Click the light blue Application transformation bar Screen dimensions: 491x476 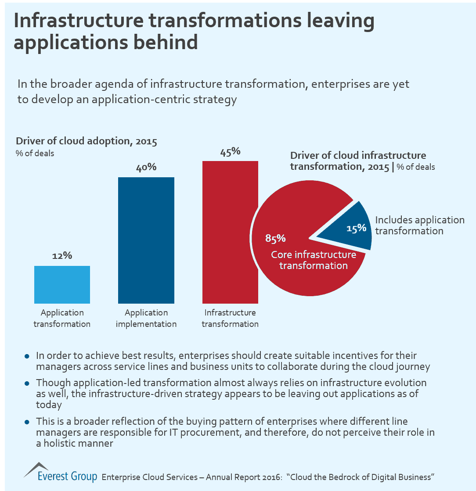pyautogui.click(x=62, y=284)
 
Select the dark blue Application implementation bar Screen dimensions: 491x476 pyautogui.click(x=146, y=240)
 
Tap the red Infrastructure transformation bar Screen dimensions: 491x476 pyautogui.click(x=230, y=232)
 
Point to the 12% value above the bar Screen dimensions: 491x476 pyautogui.click(x=62, y=256)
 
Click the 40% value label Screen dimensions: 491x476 pyautogui.click(x=146, y=167)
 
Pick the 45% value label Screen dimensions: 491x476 pyautogui.click(x=230, y=151)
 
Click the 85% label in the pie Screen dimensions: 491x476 pyautogui.click(x=275, y=238)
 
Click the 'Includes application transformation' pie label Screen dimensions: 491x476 pyautogui.click(x=419, y=225)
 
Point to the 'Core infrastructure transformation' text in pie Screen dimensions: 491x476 pyautogui.click(x=314, y=260)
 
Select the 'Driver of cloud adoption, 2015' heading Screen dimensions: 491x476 pyautogui.click(x=87, y=142)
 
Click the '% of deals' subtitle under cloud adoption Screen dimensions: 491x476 pyautogui.click(x=35, y=154)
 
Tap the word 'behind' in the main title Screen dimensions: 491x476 pyautogui.click(x=162, y=43)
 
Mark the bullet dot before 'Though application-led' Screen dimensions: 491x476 pyautogui.click(x=27, y=383)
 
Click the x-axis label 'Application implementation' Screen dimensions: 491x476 pyautogui.click(x=146, y=319)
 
